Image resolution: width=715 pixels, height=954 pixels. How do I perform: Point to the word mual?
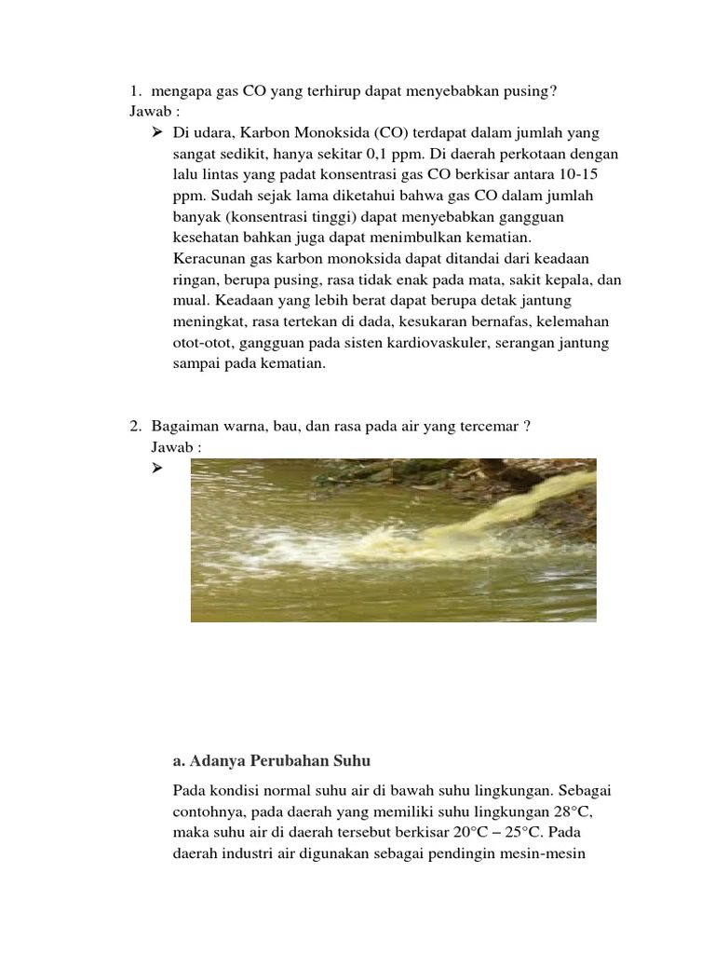pyautogui.click(x=190, y=300)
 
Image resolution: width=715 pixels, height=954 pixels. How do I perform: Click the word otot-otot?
pyautogui.click(x=200, y=342)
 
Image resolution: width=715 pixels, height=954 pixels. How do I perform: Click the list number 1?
pyautogui.click(x=135, y=90)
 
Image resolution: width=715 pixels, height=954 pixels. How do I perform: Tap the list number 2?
pyautogui.click(x=135, y=427)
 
